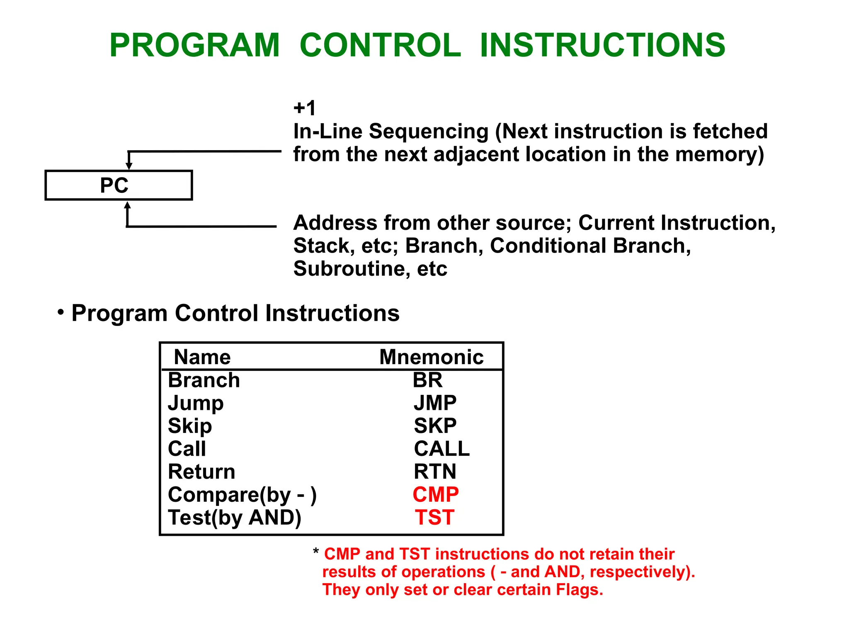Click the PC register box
click(x=118, y=185)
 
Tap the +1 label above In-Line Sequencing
click(x=305, y=108)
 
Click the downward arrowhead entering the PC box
click(x=129, y=166)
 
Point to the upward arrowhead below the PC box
click(x=128, y=205)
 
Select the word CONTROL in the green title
click(x=380, y=45)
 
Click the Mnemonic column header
click(x=431, y=357)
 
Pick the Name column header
click(x=202, y=357)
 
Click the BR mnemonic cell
click(x=427, y=380)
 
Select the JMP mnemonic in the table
click(x=435, y=403)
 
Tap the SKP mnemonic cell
click(x=435, y=426)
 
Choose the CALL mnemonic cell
click(x=441, y=449)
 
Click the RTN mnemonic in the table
click(x=435, y=472)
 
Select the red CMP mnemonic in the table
click(x=435, y=494)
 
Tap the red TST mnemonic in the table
click(x=435, y=518)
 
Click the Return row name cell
click(x=201, y=472)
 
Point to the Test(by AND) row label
click(x=234, y=518)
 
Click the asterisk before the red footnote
click(x=316, y=552)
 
